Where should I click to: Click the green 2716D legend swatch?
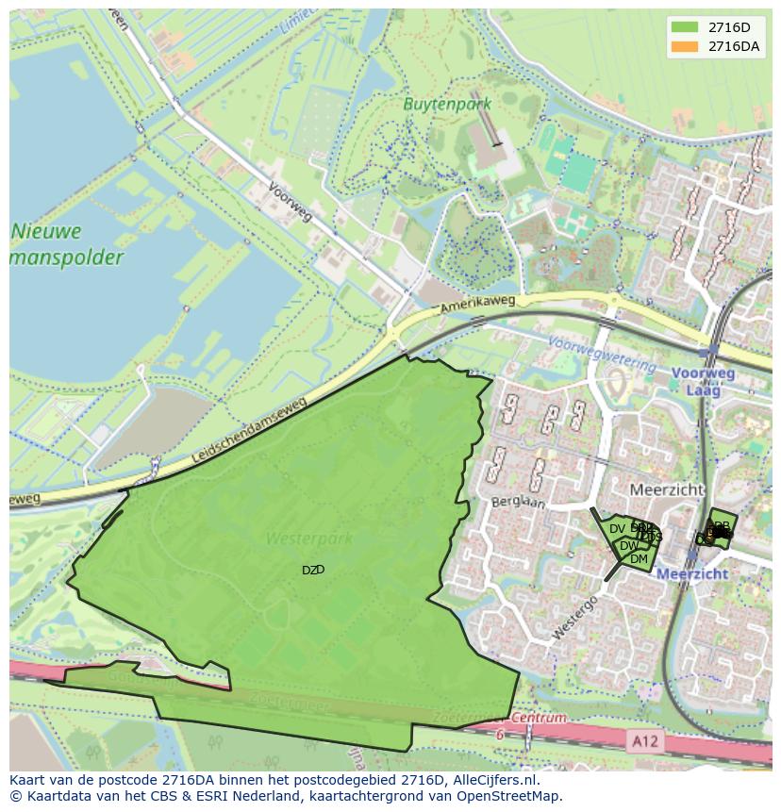685,26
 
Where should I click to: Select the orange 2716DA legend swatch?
685,45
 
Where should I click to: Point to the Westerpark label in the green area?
308,539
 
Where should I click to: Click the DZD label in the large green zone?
313,570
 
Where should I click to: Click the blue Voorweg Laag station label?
703,381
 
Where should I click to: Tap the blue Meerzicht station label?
691,573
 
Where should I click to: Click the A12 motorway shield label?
645,741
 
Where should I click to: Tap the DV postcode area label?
617,529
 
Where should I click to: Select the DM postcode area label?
639,559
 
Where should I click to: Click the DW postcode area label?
628,546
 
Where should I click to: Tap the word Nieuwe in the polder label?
46,231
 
